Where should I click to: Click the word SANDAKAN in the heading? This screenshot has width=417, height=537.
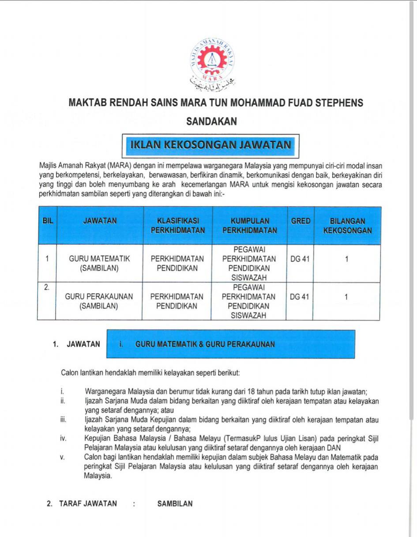(x=212, y=121)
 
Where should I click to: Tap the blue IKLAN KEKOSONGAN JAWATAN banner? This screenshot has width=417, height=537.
(x=210, y=145)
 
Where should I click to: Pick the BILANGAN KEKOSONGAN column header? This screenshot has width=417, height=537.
(x=347, y=226)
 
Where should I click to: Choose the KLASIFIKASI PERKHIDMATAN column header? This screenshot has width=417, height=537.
(x=178, y=226)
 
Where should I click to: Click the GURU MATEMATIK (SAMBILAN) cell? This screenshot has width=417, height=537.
(x=99, y=264)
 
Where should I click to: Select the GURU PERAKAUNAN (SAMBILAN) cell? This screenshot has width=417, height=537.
(x=99, y=301)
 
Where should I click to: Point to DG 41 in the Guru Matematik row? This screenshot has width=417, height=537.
(x=300, y=259)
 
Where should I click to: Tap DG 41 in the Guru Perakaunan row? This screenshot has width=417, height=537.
(x=300, y=297)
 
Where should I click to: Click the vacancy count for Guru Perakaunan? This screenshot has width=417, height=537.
(x=346, y=297)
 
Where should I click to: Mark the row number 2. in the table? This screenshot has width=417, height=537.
(x=47, y=287)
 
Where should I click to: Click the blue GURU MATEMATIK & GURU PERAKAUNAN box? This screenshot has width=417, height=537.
(x=231, y=344)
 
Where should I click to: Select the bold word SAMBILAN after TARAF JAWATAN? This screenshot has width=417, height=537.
(x=175, y=503)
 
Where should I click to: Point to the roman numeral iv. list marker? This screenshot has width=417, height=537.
(x=64, y=439)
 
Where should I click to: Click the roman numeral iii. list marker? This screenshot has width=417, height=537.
(x=64, y=420)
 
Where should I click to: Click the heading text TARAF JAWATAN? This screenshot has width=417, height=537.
(x=88, y=503)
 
